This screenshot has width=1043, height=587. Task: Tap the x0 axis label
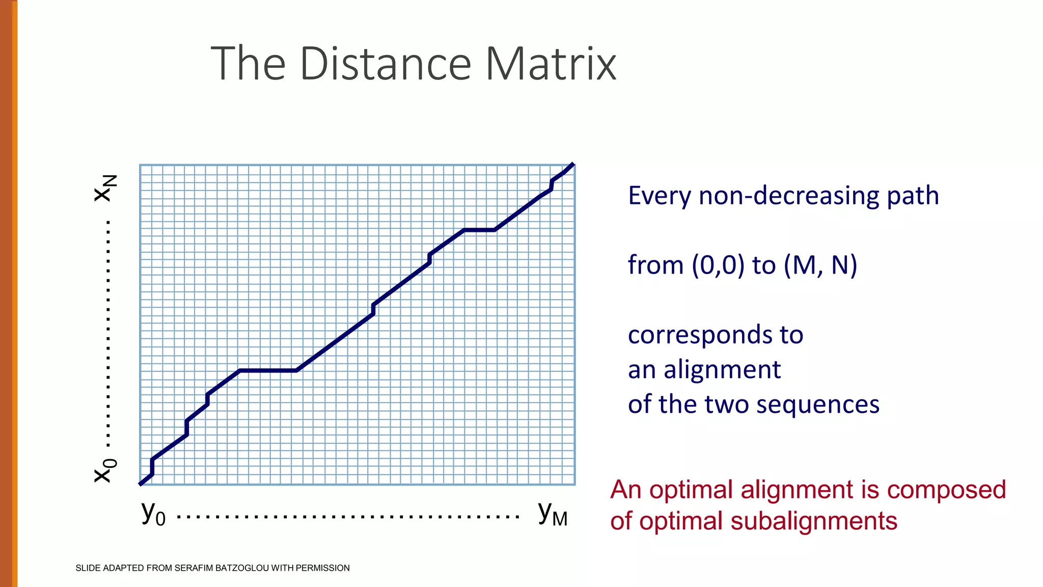coord(105,470)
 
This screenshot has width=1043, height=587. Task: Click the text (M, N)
coord(820,265)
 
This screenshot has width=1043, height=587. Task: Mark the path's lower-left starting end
coord(141,483)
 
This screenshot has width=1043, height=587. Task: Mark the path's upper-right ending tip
coord(573,165)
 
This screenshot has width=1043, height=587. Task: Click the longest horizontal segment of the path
coord(268,370)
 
